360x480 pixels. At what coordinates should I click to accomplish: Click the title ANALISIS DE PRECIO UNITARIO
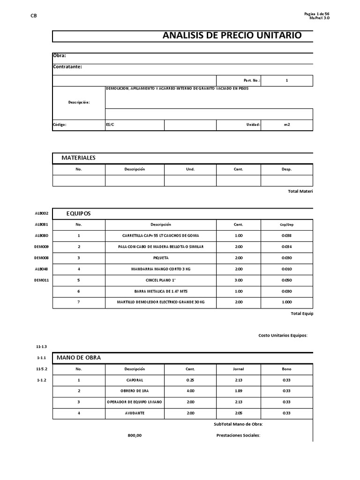click(x=232, y=36)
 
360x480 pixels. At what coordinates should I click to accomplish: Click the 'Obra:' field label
click(x=60, y=56)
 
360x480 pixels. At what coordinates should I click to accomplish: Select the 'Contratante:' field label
click(x=67, y=67)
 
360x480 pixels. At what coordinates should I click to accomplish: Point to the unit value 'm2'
click(x=287, y=125)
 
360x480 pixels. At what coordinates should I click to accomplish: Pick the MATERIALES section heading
click(x=78, y=158)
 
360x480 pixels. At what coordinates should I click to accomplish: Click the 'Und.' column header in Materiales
click(x=190, y=169)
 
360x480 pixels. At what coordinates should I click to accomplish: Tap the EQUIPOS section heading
click(x=78, y=213)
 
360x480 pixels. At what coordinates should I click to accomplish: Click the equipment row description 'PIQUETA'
click(x=161, y=258)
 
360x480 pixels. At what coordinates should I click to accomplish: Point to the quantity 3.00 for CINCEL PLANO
click(x=239, y=280)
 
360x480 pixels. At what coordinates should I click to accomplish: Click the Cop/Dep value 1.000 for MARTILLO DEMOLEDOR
click(x=286, y=302)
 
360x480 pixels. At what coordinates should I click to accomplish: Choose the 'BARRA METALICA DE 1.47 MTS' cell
click(x=161, y=291)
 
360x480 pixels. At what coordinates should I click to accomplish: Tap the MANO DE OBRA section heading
click(x=78, y=358)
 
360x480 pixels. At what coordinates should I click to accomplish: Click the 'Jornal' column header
click(x=239, y=369)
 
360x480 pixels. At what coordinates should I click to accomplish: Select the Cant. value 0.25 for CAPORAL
click(x=190, y=380)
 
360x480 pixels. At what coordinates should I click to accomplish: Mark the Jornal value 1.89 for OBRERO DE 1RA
click(x=239, y=390)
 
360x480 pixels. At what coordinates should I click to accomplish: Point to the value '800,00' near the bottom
click(x=135, y=435)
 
